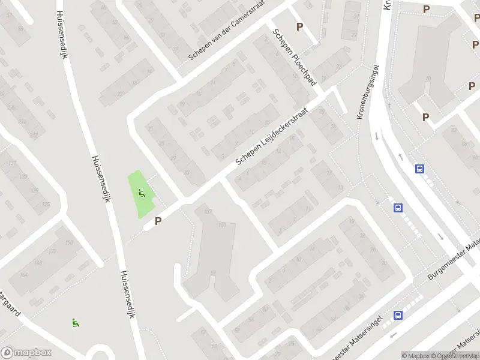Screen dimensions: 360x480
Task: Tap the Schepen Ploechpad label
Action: click(x=294, y=57)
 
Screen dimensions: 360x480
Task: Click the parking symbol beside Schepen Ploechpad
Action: click(x=299, y=27)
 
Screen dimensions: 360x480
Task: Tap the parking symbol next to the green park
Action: click(x=158, y=221)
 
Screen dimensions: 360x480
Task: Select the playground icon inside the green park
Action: click(x=142, y=193)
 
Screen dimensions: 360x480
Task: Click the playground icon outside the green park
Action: click(x=75, y=322)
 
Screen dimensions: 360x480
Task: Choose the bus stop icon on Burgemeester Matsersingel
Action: click(x=397, y=315)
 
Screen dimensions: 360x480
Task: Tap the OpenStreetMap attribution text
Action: click(x=457, y=356)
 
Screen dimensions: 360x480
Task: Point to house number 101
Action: click(x=222, y=225)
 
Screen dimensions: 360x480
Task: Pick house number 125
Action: click(x=46, y=205)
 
